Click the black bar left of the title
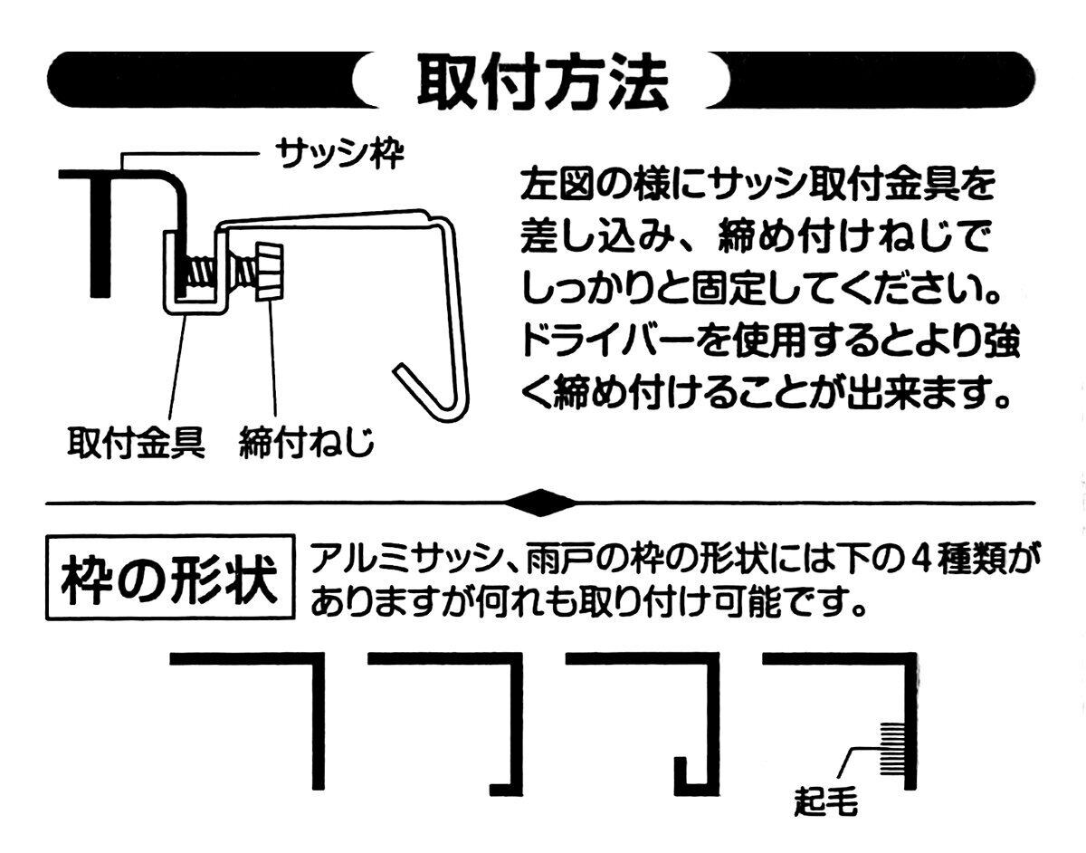[x=199, y=81]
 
